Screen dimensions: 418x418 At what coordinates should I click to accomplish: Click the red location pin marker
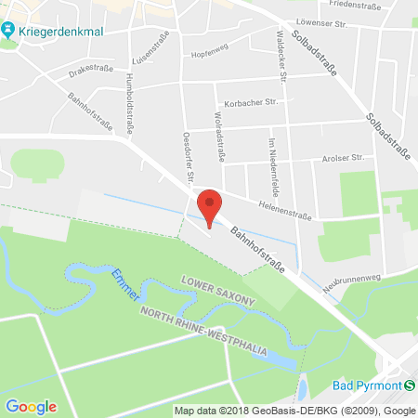[x=211, y=205]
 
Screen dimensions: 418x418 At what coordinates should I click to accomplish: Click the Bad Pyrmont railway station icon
[x=410, y=385]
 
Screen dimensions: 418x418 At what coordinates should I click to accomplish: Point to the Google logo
[x=31, y=406]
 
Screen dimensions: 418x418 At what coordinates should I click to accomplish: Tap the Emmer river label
[x=125, y=288]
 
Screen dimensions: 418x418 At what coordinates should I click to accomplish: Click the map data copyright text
[x=294, y=410]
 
